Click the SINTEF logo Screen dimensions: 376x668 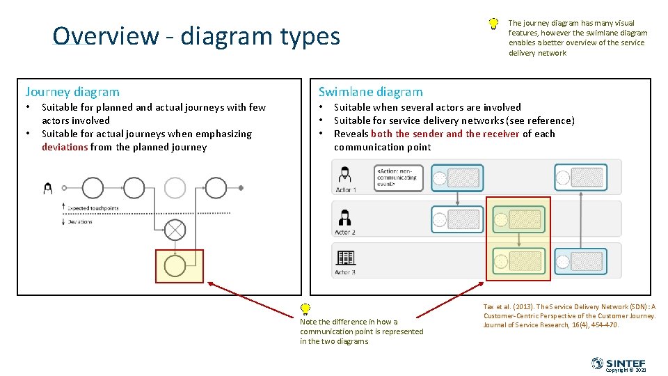[x=618, y=363]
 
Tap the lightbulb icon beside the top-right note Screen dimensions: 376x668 [x=493, y=24]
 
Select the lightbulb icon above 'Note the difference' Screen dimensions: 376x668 [x=305, y=309]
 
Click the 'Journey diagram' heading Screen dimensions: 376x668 [x=72, y=91]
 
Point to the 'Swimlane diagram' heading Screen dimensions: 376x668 [x=370, y=91]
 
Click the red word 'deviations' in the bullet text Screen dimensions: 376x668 [x=65, y=147]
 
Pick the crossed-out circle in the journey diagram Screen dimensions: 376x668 [x=175, y=229]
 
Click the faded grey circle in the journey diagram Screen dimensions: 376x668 [x=175, y=187]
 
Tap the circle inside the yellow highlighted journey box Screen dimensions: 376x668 [x=175, y=266]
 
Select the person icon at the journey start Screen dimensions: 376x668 [x=48, y=187]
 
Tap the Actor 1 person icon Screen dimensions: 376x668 [x=344, y=175]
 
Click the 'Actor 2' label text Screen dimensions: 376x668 [x=345, y=232]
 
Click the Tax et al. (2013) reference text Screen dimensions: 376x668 [x=569, y=315]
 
